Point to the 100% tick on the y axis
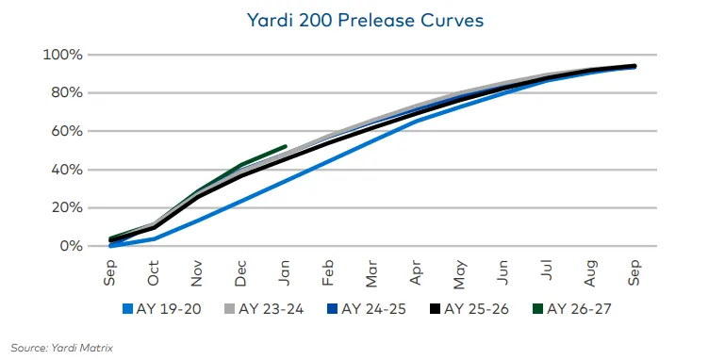pos(62,55)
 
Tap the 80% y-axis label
pos(65,92)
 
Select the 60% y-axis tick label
pos(65,131)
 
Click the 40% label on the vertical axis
pos(65,170)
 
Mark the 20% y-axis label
pos(65,207)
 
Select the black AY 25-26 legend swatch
pos(435,308)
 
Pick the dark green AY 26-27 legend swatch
pos(536,308)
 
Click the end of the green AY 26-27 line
pos(286,146)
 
